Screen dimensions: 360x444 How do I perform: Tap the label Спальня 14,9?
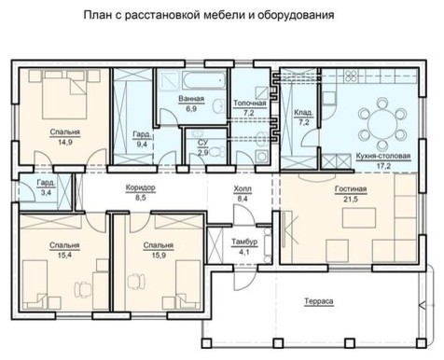(65, 137)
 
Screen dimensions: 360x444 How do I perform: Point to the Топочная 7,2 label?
(249, 106)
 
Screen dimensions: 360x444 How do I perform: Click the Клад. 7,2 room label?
(302, 116)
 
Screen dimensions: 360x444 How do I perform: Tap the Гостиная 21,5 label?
(352, 194)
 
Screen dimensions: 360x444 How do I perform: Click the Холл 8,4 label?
(243, 194)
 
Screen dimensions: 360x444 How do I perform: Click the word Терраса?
(320, 301)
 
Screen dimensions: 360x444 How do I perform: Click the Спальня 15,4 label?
(65, 249)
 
